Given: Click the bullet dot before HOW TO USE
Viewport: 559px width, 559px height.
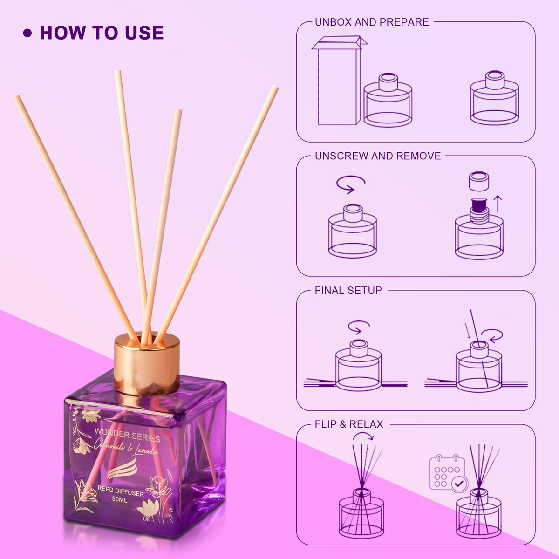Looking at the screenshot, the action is pos(27,33).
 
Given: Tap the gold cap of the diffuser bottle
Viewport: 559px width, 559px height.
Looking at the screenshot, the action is pos(146,364).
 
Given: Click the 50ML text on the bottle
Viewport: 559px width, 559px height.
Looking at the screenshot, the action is pos(120,500).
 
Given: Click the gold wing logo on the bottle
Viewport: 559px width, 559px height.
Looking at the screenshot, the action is pos(122,469).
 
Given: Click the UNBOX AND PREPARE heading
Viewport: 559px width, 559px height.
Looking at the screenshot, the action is pos(372,22).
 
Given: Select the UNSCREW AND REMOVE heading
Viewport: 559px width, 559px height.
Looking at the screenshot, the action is pos(378,156).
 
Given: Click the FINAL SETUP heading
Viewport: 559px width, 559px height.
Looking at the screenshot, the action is pos(348,290).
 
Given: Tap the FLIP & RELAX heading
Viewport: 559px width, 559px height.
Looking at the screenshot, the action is pos(349,424).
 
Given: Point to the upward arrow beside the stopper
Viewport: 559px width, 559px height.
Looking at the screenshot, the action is pos(498,204).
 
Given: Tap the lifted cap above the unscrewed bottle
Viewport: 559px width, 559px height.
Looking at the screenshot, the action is pos(479,181).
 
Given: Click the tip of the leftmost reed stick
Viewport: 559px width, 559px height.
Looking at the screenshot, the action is pos(16,97).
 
